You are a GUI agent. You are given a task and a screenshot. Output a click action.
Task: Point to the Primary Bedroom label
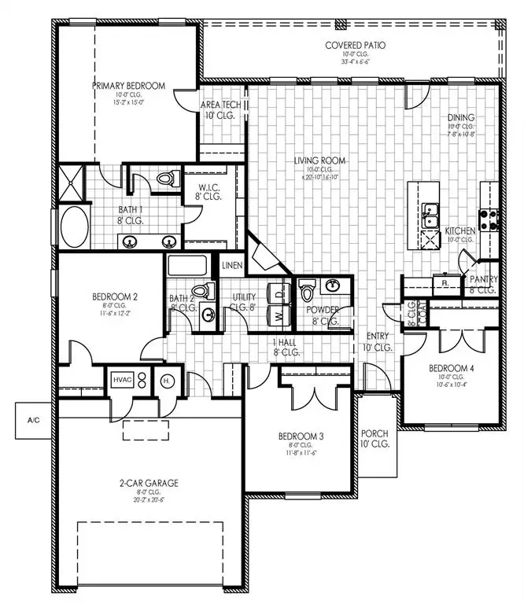click(x=130, y=86)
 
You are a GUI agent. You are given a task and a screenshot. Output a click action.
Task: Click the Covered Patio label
click(x=352, y=45)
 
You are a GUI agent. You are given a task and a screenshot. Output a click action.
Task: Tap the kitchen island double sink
click(x=430, y=215)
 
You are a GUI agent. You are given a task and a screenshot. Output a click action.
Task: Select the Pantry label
click(x=482, y=279)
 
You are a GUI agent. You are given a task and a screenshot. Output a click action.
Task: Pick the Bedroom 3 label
click(x=301, y=436)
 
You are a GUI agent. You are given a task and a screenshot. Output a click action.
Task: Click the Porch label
click(x=374, y=434)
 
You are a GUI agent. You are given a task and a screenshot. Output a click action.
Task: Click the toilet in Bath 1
click(x=165, y=180)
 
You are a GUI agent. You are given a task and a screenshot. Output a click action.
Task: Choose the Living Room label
click(x=320, y=161)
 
